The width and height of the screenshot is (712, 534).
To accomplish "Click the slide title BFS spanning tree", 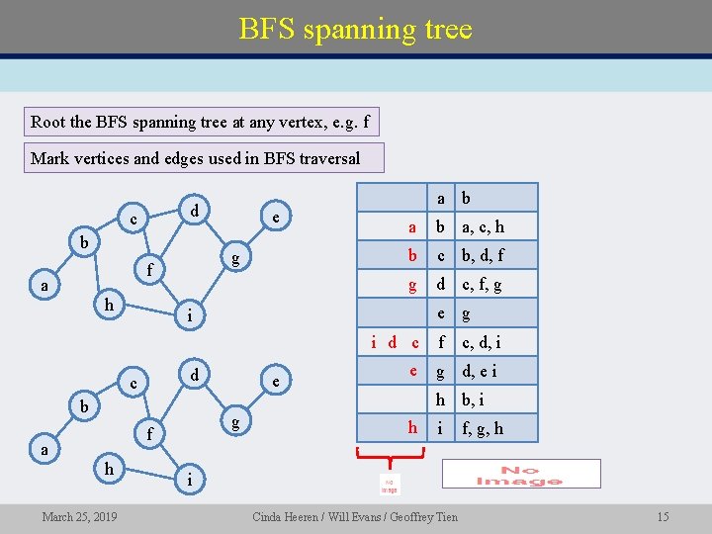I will [x=355, y=29].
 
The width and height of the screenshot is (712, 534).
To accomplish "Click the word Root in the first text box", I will [x=48, y=123].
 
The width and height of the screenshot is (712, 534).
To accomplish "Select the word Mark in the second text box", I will [x=49, y=158].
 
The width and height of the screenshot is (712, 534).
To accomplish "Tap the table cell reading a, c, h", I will [x=484, y=226].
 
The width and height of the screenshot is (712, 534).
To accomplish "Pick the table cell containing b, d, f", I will [x=484, y=255].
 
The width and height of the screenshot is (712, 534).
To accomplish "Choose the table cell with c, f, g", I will [x=484, y=285].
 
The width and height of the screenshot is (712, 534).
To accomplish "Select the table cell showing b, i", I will [x=474, y=400].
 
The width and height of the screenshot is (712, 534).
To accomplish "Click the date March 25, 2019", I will [x=79, y=517].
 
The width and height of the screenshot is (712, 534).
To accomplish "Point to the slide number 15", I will [x=663, y=517].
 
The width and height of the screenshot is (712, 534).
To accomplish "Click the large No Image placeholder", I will [x=520, y=474].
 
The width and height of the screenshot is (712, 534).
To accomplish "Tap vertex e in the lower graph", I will [x=276, y=382].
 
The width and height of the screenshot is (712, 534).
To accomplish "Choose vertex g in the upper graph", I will [x=234, y=259].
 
